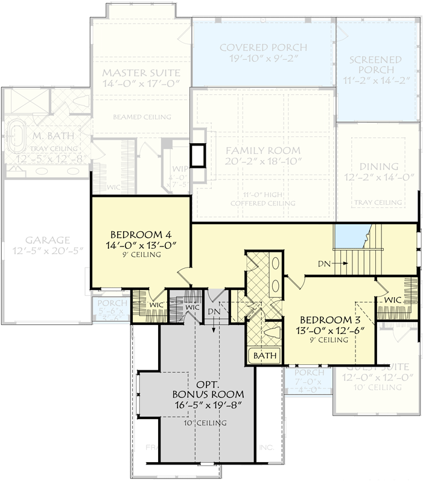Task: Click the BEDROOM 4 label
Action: [x=136, y=234]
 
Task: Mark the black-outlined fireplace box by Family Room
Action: [x=198, y=156]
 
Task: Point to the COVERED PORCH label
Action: [x=263, y=47]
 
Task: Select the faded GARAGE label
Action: [x=48, y=239]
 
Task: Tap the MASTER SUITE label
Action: [x=141, y=72]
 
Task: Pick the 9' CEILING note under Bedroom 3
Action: [x=329, y=341]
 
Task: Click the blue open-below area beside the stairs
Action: [x=352, y=234]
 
